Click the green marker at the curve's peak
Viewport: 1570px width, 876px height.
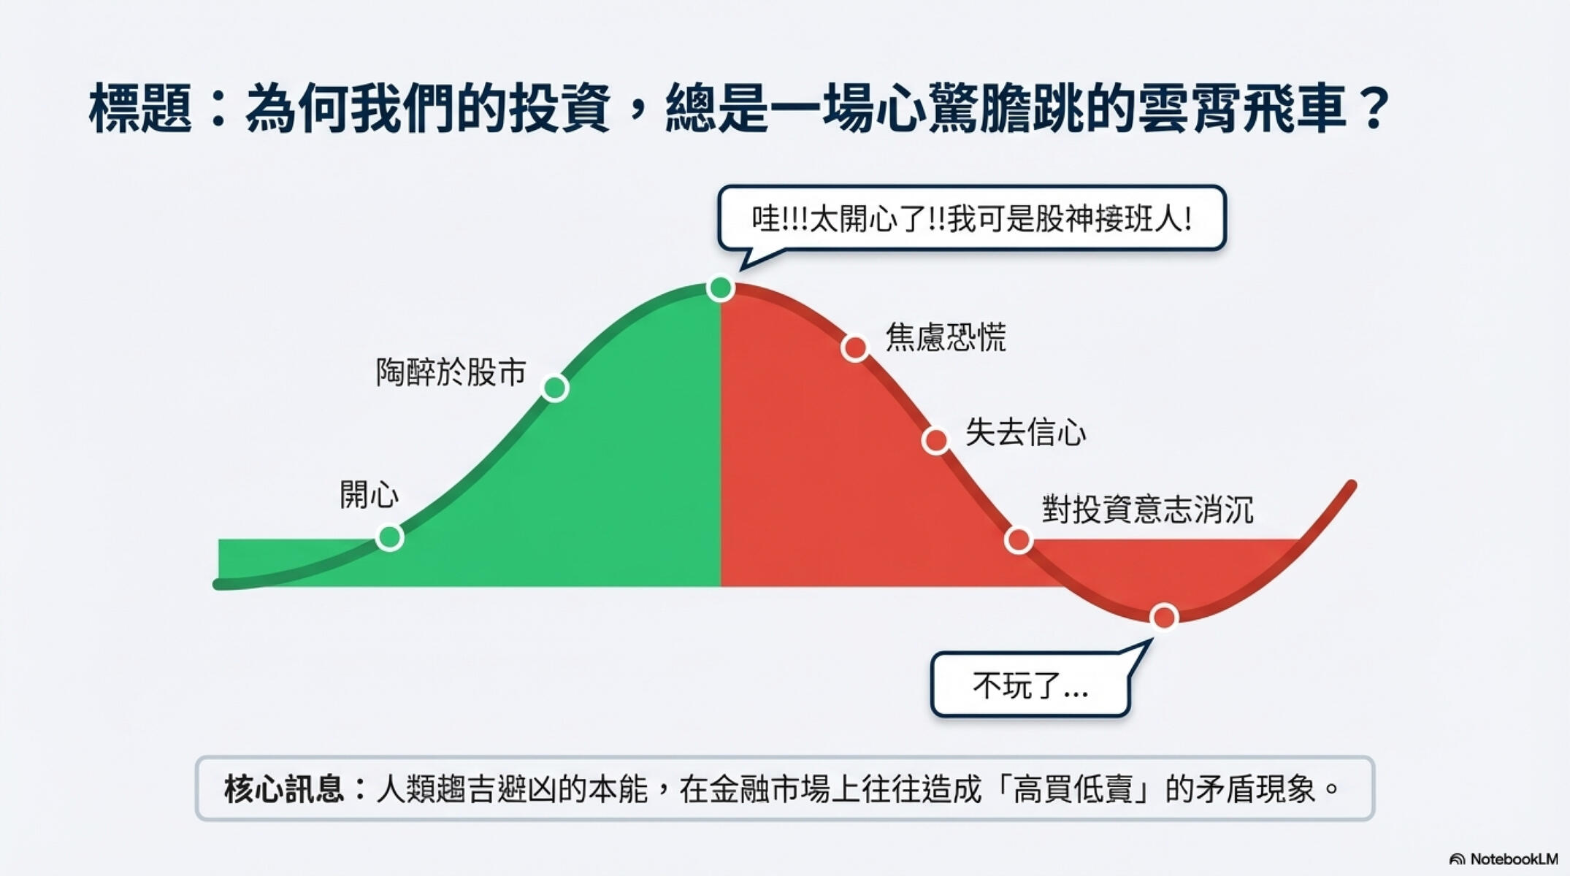click(720, 288)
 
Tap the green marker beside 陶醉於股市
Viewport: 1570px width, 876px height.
click(555, 388)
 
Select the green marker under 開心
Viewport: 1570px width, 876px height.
click(390, 537)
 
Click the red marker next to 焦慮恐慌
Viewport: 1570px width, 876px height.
click(854, 347)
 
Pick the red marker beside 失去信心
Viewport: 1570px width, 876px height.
click(935, 440)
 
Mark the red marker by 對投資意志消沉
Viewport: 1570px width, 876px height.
click(1018, 540)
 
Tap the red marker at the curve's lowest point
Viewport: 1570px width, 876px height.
click(1164, 617)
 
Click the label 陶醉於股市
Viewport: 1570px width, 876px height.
click(451, 372)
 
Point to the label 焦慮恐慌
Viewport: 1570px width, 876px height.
click(946, 337)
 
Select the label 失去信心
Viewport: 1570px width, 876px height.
click(1025, 432)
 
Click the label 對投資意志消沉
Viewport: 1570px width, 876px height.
click(1147, 510)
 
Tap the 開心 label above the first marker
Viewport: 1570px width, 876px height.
click(369, 495)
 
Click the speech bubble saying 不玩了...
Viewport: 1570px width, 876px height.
click(1030, 685)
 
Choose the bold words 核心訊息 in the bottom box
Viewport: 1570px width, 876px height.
click(283, 789)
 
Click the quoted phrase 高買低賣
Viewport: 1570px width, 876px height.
click(1072, 789)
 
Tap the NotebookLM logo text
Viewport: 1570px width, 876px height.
click(1513, 859)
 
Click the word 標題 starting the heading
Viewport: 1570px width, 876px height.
click(140, 109)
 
